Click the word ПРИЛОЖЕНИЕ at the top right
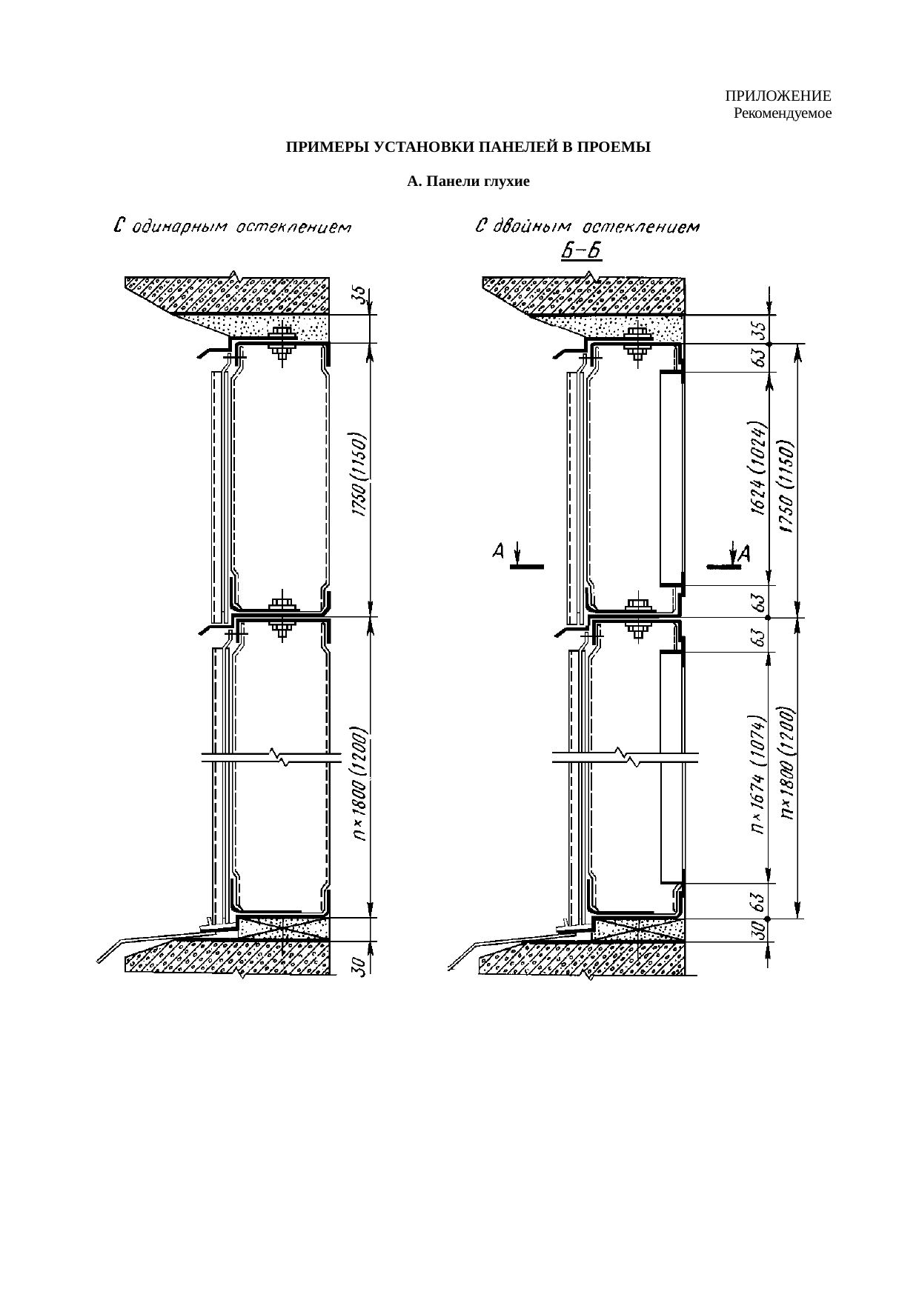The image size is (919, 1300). click(x=777, y=97)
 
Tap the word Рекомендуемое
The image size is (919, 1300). click(x=782, y=114)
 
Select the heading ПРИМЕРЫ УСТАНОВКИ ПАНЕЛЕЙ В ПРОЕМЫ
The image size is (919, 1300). click(x=468, y=147)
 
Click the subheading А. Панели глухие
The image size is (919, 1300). click(x=468, y=181)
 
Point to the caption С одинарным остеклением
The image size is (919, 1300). click(x=232, y=226)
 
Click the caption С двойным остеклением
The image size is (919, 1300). click(x=587, y=226)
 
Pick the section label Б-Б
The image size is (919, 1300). click(x=580, y=252)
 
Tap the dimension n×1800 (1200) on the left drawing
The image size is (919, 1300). click(x=359, y=785)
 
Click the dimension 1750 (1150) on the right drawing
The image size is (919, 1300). click(x=787, y=485)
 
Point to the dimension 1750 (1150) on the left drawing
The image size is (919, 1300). click(x=359, y=474)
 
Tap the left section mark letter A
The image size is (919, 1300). click(x=500, y=551)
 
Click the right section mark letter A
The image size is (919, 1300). click(x=744, y=553)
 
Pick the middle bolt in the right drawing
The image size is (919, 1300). click(x=637, y=614)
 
